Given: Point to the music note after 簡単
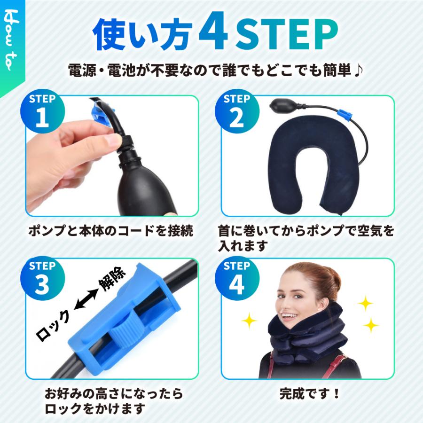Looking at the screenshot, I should pos(358,71).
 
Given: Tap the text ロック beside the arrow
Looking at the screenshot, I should pos(54,323).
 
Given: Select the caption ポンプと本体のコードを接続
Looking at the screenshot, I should pos(110,231).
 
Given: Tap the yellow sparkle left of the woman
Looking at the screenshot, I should pos(249,321).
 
